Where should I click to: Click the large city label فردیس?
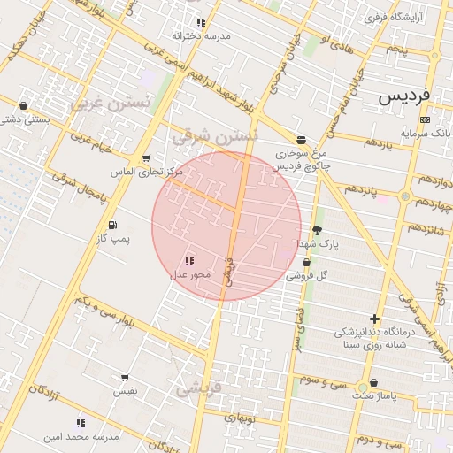[x=403, y=96]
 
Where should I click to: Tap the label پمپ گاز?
[x=113, y=240]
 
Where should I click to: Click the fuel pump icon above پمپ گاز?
[x=112, y=225]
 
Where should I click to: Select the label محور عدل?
[x=190, y=275]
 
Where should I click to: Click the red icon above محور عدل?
[x=189, y=261]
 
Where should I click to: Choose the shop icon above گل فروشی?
[x=306, y=262]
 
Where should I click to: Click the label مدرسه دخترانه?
[x=201, y=36]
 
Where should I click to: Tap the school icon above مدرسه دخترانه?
[x=201, y=22]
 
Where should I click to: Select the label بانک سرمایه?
[x=426, y=133]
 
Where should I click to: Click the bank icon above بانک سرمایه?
[x=426, y=119]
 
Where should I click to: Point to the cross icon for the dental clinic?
[x=375, y=319]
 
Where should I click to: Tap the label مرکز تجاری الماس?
[x=147, y=172]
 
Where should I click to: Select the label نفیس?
[x=124, y=390]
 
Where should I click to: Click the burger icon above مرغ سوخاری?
[x=302, y=140]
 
